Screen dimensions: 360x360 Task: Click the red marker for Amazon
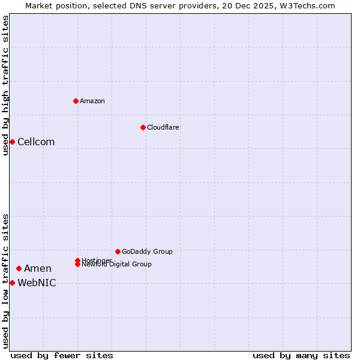pyautogui.click(x=76, y=101)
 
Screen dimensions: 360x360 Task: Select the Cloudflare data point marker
pyautogui.click(x=143, y=127)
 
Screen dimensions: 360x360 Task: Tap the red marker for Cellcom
pyautogui.click(x=12, y=142)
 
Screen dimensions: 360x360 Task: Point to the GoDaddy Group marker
pyautogui.click(x=118, y=251)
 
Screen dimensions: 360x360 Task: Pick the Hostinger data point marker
pyautogui.click(x=78, y=260)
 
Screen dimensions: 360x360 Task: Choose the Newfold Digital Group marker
pyautogui.click(x=78, y=264)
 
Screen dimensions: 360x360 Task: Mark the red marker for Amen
pyautogui.click(x=19, y=268)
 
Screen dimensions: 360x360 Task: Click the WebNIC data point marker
pyautogui.click(x=12, y=283)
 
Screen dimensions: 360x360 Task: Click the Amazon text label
pyautogui.click(x=92, y=101)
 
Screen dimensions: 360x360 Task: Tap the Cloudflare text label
pyautogui.click(x=163, y=127)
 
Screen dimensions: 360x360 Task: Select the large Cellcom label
pyautogui.click(x=36, y=142)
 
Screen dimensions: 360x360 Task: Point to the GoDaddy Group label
pyautogui.click(x=147, y=251)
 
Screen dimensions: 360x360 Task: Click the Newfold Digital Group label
pyautogui.click(x=117, y=265)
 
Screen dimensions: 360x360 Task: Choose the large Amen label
pyautogui.click(x=38, y=268)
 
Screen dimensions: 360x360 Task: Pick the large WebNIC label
pyautogui.click(x=37, y=283)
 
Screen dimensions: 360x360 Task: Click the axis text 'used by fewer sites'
pyautogui.click(x=62, y=355)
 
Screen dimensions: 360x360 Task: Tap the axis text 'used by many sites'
pyautogui.click(x=301, y=355)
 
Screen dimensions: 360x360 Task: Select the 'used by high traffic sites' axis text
pyautogui.click(x=6, y=85)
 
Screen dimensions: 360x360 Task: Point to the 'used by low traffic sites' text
pyautogui.click(x=6, y=281)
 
